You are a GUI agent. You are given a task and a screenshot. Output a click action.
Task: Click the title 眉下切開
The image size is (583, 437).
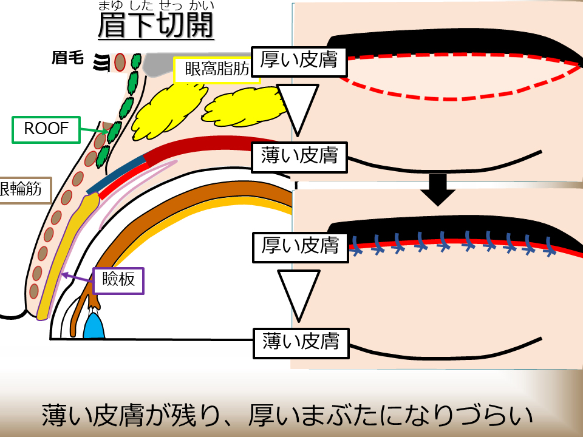155,25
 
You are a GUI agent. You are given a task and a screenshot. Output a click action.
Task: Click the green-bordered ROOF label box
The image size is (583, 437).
46,129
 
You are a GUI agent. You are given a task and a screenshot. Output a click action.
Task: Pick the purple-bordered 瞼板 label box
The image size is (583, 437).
118,280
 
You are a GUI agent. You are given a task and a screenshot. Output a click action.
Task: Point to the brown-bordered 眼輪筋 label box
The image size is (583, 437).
22,190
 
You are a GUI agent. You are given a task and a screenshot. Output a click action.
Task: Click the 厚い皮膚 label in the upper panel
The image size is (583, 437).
299,60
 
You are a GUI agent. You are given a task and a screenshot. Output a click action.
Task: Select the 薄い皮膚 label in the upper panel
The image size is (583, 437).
299,157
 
